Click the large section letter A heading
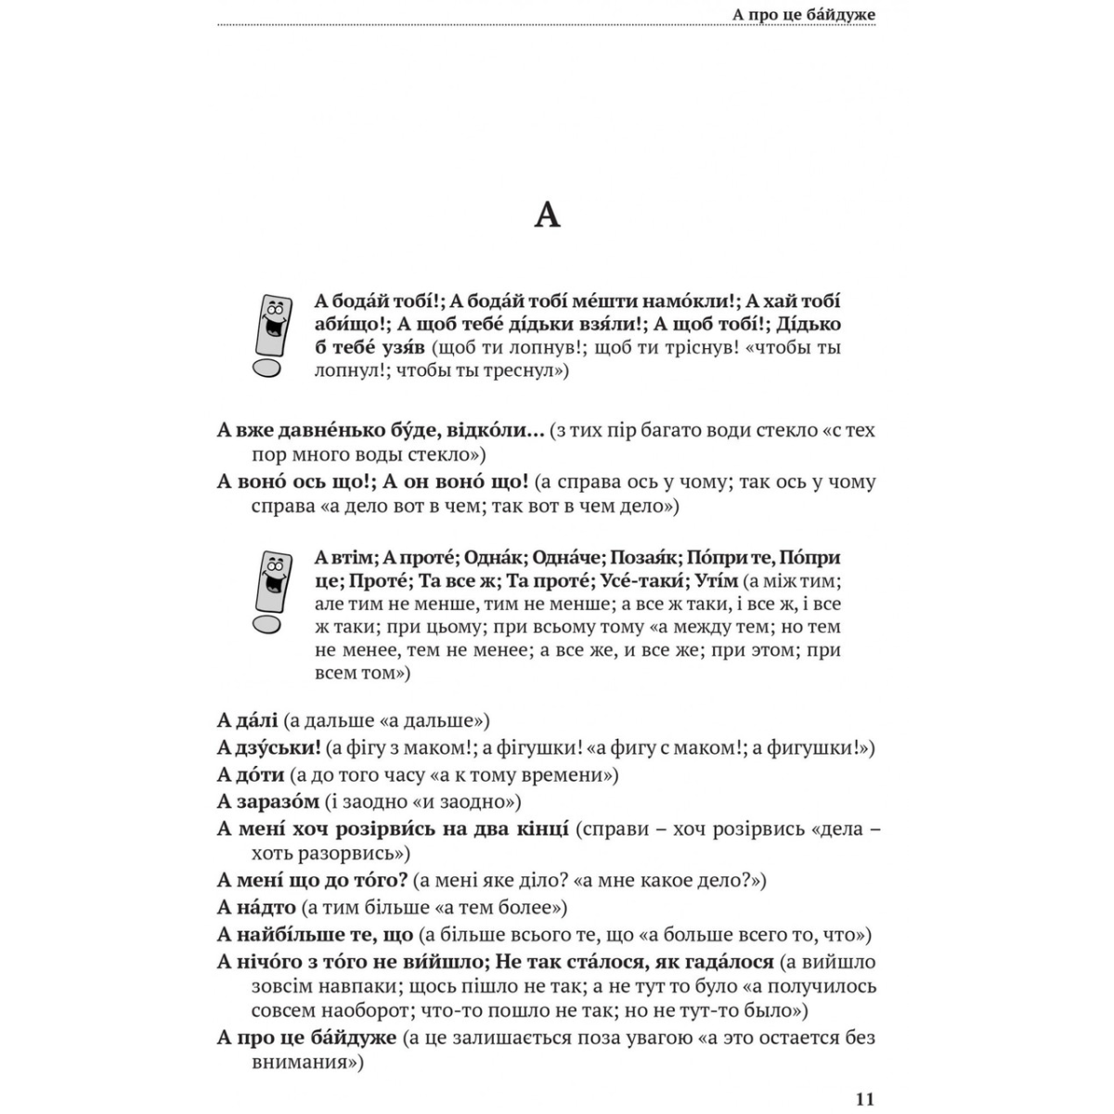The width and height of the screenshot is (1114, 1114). [548, 215]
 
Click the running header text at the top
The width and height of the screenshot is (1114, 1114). [804, 14]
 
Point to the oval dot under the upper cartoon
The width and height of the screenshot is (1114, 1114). [266, 369]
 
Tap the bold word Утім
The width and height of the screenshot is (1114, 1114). [718, 581]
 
